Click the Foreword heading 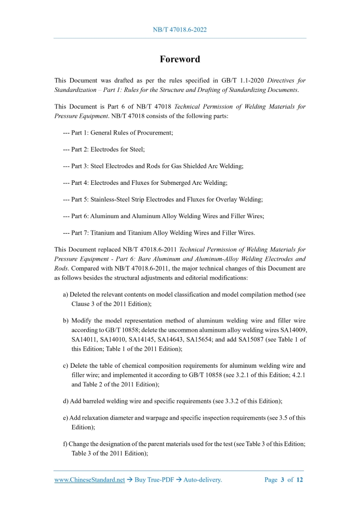coord(180,59)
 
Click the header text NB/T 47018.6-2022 coord(180,30)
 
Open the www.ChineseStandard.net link coord(90,480)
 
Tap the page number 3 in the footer coord(283,480)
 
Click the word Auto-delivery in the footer coord(202,480)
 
